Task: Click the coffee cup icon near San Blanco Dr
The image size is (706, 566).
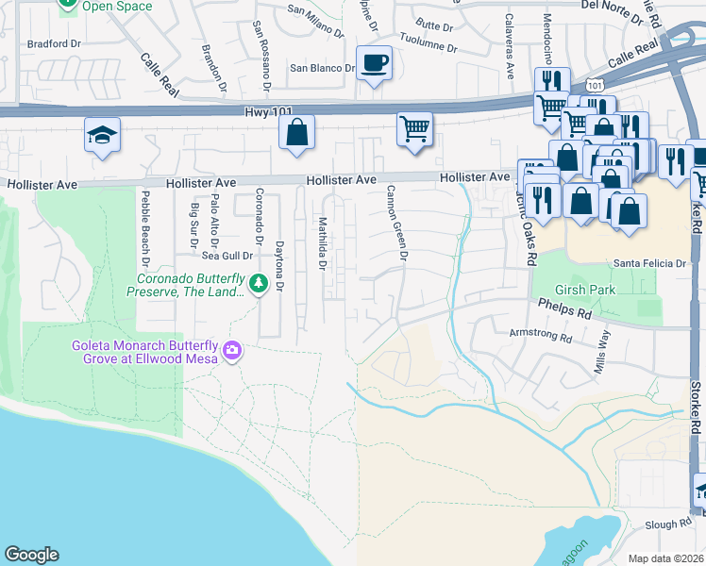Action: click(375, 63)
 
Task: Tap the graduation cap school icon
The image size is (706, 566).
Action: click(102, 135)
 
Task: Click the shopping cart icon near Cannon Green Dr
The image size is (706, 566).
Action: click(414, 128)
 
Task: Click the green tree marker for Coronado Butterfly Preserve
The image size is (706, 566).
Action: click(258, 283)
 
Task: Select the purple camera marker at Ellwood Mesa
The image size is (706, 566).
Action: click(231, 352)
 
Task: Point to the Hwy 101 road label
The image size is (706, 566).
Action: click(268, 111)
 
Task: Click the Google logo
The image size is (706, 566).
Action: click(31, 555)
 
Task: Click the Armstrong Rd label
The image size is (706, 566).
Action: click(539, 334)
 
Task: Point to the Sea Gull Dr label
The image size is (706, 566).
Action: click(227, 255)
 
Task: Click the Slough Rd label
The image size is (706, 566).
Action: click(669, 524)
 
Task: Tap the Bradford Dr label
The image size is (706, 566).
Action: click(54, 43)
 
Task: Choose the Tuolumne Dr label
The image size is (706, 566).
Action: click(429, 47)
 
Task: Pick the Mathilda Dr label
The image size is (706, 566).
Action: click(322, 243)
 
